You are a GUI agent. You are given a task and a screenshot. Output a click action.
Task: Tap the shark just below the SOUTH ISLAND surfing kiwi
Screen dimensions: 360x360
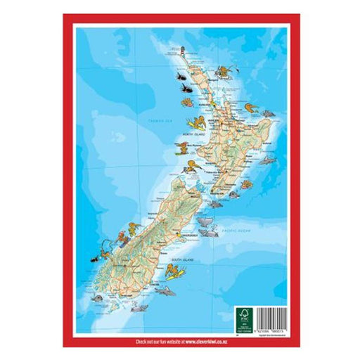point(164,289)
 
